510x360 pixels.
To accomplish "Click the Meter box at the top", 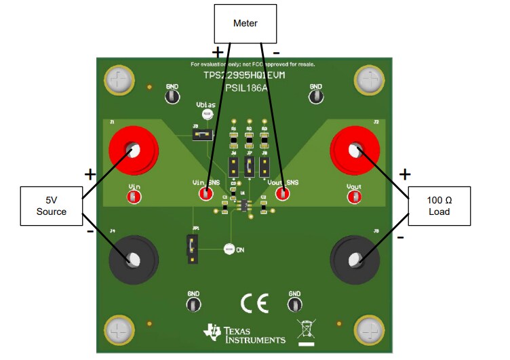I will (x=246, y=24).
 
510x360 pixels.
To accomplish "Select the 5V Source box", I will (x=52, y=206).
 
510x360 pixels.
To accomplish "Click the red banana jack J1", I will (x=134, y=150).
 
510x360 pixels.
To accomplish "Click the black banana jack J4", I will (x=134, y=258).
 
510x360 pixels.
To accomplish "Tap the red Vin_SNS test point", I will (x=205, y=194).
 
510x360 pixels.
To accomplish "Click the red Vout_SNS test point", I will (x=282, y=194).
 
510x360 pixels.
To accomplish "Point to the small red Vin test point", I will (x=134, y=197).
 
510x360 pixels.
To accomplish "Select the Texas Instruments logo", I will (x=246, y=332).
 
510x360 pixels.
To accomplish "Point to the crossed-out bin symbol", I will (x=307, y=329).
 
